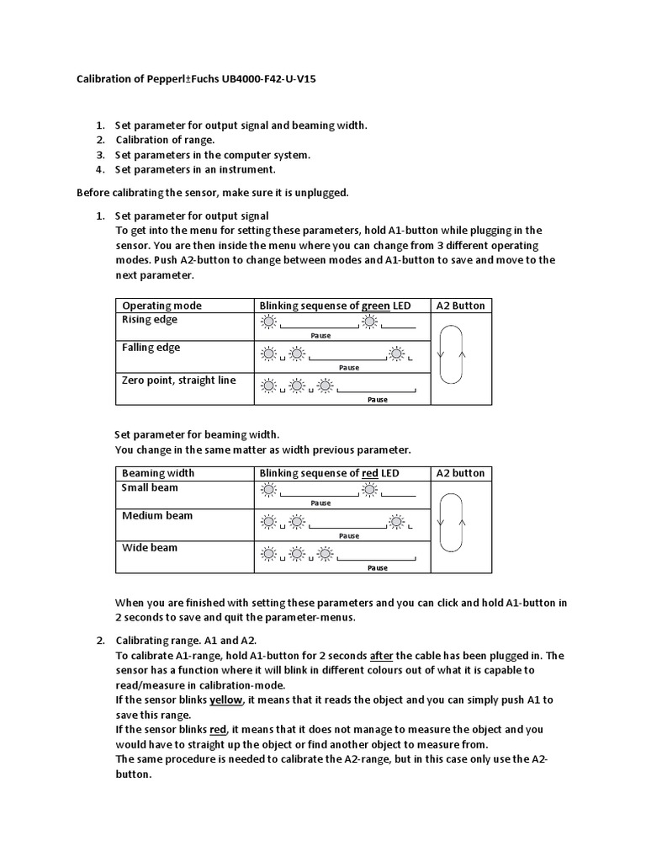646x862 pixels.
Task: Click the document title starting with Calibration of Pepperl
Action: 191,79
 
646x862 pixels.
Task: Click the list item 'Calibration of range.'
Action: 165,140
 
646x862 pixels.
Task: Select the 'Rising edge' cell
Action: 150,320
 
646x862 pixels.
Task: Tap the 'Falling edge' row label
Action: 151,348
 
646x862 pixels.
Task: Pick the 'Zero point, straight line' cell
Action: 178,380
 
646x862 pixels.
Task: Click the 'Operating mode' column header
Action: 161,305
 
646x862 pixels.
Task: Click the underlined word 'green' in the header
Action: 375,305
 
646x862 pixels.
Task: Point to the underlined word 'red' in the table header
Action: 370,473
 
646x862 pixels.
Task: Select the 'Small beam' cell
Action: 150,487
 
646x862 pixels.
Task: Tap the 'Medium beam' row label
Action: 157,515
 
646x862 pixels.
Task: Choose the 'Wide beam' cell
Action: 150,547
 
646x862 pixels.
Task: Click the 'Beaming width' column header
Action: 158,473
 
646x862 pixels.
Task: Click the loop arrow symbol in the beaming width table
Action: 452,523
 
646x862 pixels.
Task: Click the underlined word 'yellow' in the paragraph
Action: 225,700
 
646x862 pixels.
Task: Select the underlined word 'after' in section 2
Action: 381,656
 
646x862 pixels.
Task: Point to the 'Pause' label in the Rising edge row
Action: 320,335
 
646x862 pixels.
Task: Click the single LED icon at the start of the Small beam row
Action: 268,490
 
